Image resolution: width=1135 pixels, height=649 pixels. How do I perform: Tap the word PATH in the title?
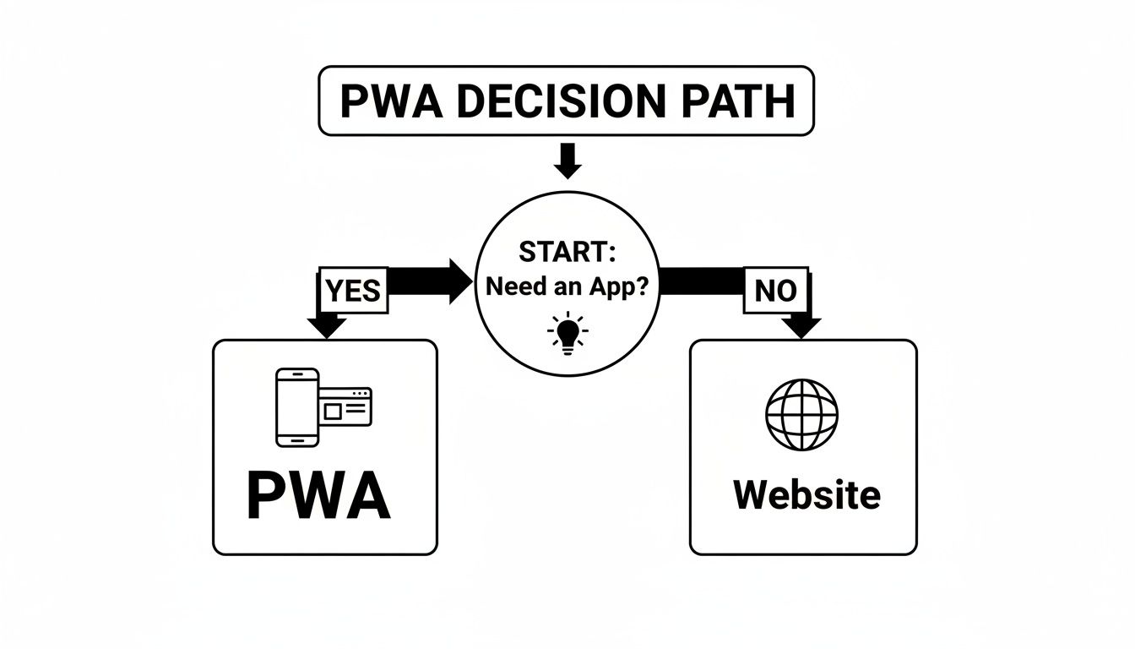click(x=740, y=101)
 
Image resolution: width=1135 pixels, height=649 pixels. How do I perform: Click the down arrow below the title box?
click(x=567, y=162)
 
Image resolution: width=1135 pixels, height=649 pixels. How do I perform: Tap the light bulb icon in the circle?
click(x=567, y=332)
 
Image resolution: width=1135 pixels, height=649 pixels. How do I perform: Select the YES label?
click(x=353, y=291)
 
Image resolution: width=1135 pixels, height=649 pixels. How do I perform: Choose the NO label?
click(x=775, y=291)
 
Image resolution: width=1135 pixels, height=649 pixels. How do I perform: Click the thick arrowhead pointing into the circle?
click(x=459, y=281)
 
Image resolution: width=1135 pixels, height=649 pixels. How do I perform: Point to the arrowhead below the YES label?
click(x=326, y=326)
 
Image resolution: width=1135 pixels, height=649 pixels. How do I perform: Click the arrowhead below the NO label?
click(x=801, y=326)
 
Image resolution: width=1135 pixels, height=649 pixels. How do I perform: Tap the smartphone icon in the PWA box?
click(x=297, y=406)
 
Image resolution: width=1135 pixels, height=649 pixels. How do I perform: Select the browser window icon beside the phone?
click(x=345, y=406)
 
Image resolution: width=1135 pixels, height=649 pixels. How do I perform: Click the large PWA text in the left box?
click(x=318, y=497)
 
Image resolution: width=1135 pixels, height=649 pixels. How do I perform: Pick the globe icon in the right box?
click(x=801, y=414)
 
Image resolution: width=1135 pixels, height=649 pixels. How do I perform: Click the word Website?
click(x=806, y=494)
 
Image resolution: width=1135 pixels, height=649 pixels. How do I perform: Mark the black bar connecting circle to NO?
click(x=701, y=281)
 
